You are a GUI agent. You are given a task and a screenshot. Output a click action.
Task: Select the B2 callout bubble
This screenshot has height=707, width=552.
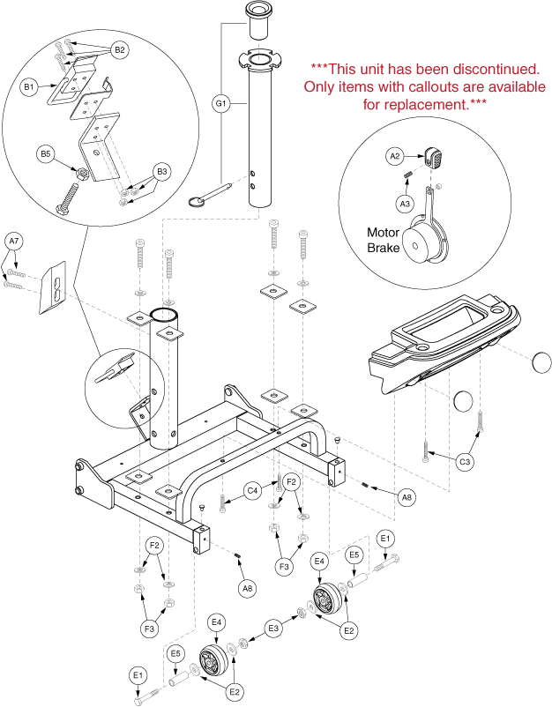(121, 49)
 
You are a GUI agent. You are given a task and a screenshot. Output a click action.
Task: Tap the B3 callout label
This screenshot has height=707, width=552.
(161, 170)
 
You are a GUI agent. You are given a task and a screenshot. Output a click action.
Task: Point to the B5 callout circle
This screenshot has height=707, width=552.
(46, 154)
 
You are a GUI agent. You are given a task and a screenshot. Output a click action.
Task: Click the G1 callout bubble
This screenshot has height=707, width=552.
(221, 103)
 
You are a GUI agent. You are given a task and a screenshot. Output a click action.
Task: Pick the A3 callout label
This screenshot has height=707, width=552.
(405, 204)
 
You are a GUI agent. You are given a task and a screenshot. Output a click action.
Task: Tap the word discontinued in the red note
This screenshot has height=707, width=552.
(499, 68)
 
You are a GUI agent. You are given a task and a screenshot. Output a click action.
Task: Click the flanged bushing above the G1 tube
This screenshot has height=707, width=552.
(259, 20)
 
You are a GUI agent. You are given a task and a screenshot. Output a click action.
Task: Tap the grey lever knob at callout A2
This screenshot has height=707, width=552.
(433, 159)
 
